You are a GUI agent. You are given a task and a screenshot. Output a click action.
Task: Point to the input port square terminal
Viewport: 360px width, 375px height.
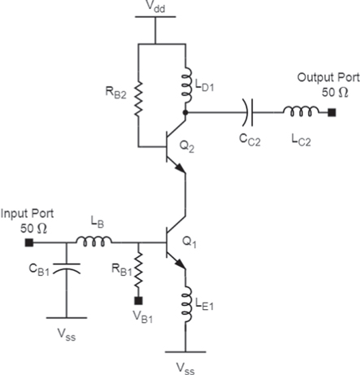point(30,242)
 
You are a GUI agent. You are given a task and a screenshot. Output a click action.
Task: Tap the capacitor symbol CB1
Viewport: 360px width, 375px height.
point(67,265)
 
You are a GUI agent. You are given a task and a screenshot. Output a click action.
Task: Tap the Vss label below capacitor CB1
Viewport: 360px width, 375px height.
point(67,334)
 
